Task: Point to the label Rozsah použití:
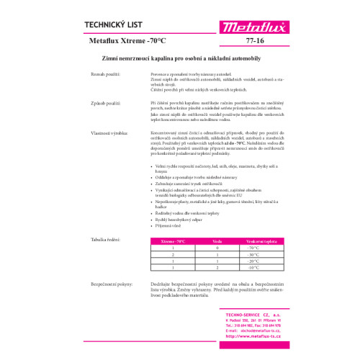[105, 75]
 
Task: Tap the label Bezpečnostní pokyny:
[111, 284]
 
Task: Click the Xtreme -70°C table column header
[173, 240]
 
